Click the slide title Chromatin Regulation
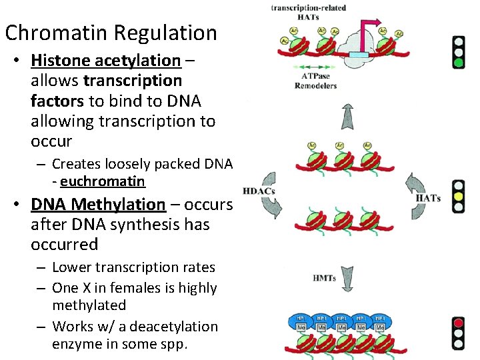point(111,33)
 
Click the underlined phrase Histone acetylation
point(105,61)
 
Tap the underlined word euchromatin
point(103,181)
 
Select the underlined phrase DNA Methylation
point(98,204)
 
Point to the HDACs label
point(259,191)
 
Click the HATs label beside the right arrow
point(427,198)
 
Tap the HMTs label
point(324,277)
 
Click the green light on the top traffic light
point(458,63)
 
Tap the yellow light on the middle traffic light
point(458,197)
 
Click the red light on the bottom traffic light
point(458,323)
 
